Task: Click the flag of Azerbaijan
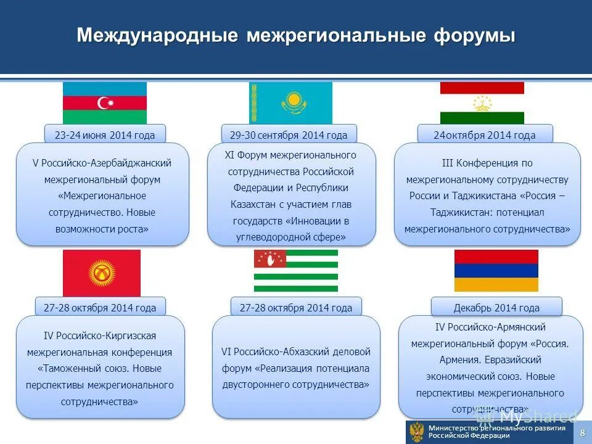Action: click(x=105, y=103)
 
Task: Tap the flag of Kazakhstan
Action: click(x=290, y=103)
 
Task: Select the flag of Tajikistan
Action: click(x=482, y=103)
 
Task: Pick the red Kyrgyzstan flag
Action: click(x=101, y=273)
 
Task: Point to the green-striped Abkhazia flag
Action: click(x=295, y=271)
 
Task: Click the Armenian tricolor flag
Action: click(x=496, y=271)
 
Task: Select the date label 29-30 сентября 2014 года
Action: click(x=289, y=135)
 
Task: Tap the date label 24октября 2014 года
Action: click(x=485, y=135)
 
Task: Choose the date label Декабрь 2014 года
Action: click(x=496, y=308)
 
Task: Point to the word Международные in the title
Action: click(x=157, y=36)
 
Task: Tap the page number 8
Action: click(x=582, y=434)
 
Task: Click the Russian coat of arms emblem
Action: click(x=417, y=432)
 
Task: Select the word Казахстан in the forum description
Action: click(x=252, y=204)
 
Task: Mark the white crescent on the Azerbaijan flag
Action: click(x=104, y=103)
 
